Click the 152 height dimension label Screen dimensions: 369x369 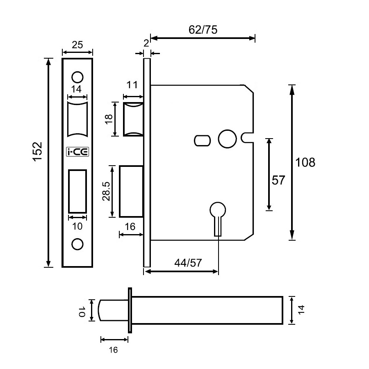tap(38, 152)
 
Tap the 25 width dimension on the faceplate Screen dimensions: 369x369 tap(77, 45)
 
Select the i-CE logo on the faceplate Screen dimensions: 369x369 tap(77, 152)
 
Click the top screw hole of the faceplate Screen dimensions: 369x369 tap(77, 77)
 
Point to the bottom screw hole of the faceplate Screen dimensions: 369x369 tap(77, 244)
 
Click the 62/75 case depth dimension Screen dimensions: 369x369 tap(203, 30)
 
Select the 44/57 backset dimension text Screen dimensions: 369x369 tap(188, 263)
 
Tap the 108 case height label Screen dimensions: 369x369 tap(305, 162)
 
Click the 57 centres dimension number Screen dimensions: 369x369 tap(278, 180)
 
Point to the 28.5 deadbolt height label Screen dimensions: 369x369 tap(106, 191)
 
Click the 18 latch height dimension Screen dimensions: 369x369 tap(109, 120)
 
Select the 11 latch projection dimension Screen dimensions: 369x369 tap(132, 86)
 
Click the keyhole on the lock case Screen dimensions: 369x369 tap(218, 217)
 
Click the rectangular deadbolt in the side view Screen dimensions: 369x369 tap(131, 191)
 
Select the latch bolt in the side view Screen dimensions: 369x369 tap(134, 120)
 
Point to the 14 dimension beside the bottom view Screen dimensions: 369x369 tap(302, 310)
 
